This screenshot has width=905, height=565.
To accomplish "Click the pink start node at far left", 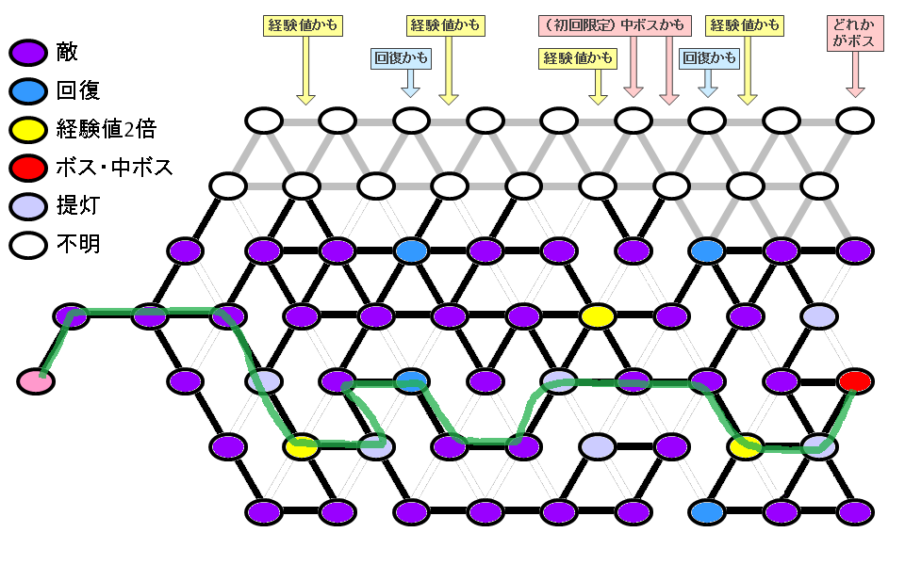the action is (35, 381).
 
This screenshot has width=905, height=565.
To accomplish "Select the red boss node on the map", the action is (855, 381).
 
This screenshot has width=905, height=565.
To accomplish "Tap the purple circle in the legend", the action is (29, 53).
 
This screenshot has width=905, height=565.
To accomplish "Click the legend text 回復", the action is (78, 90).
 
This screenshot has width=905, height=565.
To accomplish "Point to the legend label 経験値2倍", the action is (104, 129).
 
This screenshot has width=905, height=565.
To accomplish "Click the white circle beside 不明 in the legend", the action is (29, 246).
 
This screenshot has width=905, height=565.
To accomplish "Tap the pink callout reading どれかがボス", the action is (855, 33).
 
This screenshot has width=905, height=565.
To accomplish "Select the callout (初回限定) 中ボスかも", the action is (615, 25).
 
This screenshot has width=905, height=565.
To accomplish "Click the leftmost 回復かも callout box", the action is (402, 58).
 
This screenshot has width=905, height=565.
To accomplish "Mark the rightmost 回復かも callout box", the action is (709, 58).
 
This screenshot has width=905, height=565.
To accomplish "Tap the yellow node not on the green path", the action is (596, 316).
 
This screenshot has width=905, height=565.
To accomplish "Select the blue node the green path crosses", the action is (411, 381).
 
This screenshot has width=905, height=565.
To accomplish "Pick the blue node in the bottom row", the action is (706, 512).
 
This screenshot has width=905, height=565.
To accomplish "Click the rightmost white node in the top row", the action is (855, 121).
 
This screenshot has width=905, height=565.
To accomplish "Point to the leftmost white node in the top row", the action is (265, 121).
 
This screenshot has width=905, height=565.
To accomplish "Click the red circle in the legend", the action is (29, 169).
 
